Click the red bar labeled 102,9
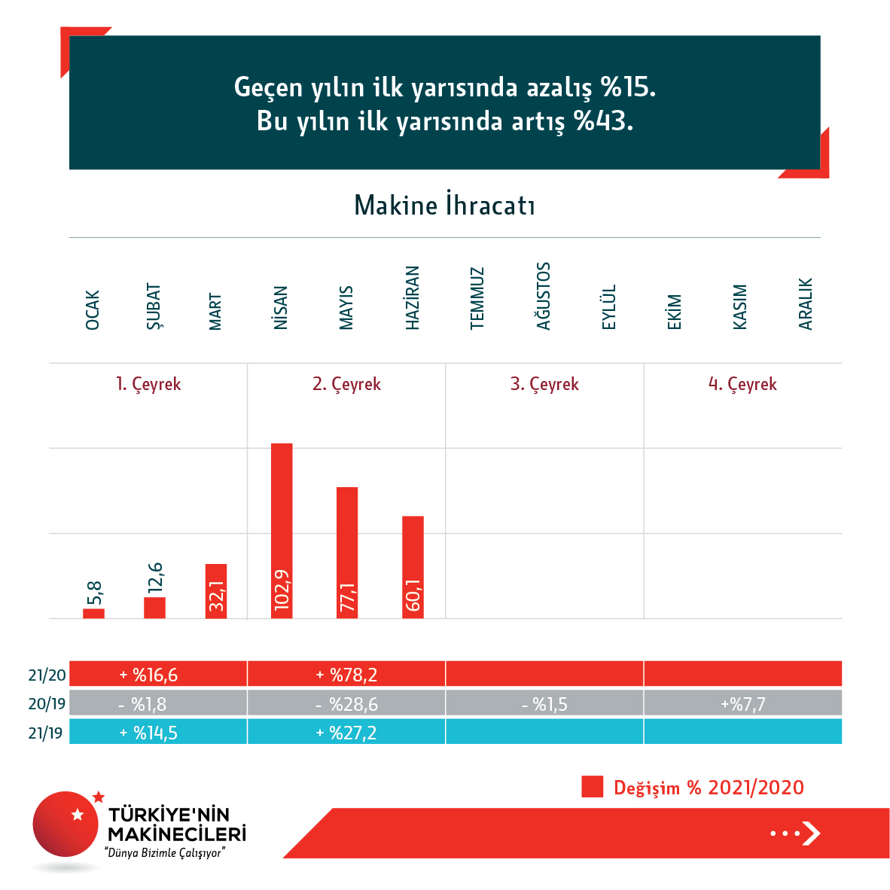[x=282, y=531]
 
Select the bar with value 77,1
[x=347, y=553]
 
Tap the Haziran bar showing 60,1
[x=413, y=567]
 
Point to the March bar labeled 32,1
[x=216, y=591]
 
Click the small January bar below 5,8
[x=93, y=614]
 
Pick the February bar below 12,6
[x=154, y=608]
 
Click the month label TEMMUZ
[x=477, y=298]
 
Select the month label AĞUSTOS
[x=544, y=296]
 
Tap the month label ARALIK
[x=806, y=304]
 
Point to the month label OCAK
[x=93, y=309]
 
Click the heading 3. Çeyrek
[x=544, y=384]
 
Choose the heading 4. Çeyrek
[x=742, y=384]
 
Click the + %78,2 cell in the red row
[x=346, y=675]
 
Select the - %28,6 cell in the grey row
[x=346, y=704]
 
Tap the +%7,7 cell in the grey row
[x=742, y=704]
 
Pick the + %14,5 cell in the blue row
[x=148, y=733]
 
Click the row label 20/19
[x=47, y=704]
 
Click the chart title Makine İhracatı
[x=444, y=206]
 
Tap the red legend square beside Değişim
[x=593, y=787]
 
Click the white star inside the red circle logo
[x=78, y=815]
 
